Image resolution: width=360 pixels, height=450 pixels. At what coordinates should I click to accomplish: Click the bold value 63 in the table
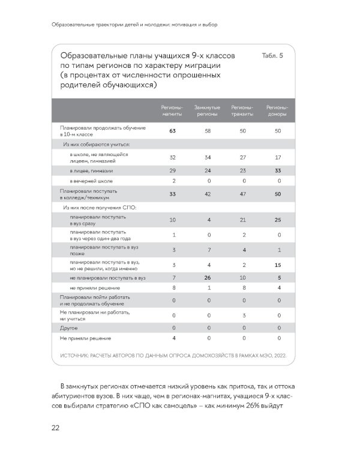[x=172, y=130]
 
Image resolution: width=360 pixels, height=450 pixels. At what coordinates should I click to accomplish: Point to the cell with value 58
[x=207, y=130]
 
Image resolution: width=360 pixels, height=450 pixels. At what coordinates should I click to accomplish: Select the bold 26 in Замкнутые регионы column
[x=207, y=278]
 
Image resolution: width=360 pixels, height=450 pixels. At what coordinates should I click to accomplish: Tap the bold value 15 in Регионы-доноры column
[x=278, y=265]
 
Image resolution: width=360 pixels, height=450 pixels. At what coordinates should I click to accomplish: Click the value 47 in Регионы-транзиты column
[x=242, y=194]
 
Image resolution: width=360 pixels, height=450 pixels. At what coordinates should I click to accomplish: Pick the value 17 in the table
[x=278, y=157]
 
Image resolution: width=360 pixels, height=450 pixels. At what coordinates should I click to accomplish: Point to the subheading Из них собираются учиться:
[x=97, y=145]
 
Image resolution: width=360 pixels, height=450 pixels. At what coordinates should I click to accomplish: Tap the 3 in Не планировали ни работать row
[x=242, y=315]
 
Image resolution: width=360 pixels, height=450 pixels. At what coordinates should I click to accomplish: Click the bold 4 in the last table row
[x=173, y=338]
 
